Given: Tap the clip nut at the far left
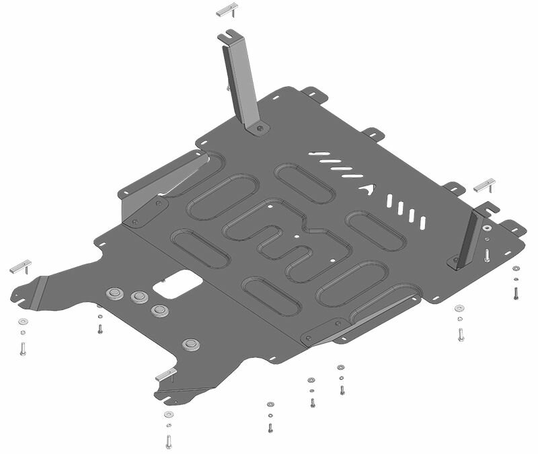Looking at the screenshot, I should [20, 264].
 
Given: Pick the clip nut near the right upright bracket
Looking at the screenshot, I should [484, 186].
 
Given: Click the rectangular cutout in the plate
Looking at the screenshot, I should [173, 285].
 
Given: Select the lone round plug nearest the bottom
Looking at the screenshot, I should [191, 344].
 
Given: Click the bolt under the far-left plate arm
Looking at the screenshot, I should [22, 348].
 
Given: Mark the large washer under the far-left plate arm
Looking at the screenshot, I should [22, 320].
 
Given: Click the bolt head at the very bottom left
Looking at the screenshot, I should [167, 441].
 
